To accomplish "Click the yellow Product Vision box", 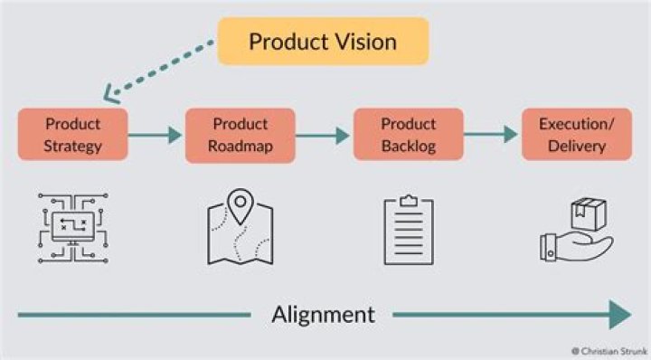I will pyautogui.click(x=323, y=42).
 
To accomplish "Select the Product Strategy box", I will pyautogui.click(x=72, y=135).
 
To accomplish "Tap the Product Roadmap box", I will pyautogui.click(x=240, y=135).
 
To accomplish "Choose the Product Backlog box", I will pyautogui.click(x=408, y=135).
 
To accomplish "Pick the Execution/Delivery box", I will pyautogui.click(x=576, y=135).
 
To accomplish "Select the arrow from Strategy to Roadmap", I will pyautogui.click(x=156, y=136).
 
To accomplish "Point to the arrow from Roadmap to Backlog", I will pyautogui.click(x=324, y=136).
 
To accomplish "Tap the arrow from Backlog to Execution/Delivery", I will pyautogui.click(x=492, y=136).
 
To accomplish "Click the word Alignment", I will pyautogui.click(x=323, y=315).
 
